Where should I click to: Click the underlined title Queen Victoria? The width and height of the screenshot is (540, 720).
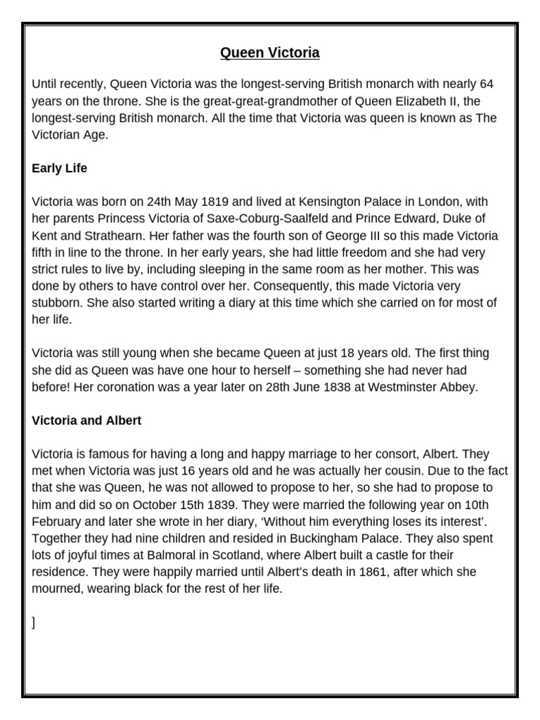270,53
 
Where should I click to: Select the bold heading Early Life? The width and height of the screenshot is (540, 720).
59,169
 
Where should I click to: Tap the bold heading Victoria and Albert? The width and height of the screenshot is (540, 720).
86,420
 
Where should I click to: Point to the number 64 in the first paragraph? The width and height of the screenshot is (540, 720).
487,84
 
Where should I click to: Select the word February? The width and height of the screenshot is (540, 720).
58,522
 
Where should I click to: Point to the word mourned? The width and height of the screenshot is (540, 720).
57,589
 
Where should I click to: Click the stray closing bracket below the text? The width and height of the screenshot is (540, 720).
34,623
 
